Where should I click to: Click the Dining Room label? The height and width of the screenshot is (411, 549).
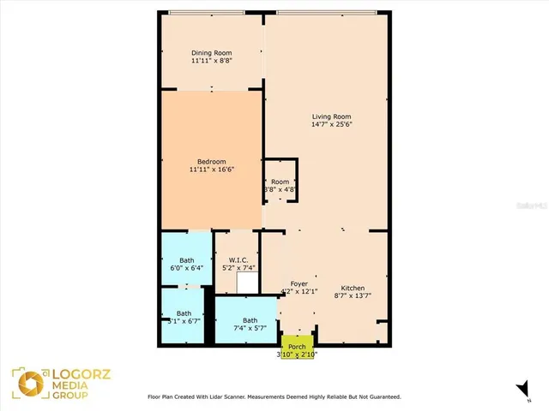211,52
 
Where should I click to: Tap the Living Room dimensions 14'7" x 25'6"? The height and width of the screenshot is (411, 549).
331,125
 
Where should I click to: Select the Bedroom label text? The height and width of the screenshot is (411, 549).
211,161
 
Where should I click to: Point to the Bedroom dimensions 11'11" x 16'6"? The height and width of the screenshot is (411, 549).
211,170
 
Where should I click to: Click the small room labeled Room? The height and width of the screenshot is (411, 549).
281,182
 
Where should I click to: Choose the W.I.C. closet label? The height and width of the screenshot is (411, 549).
238,260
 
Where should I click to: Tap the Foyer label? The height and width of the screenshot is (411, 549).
299,283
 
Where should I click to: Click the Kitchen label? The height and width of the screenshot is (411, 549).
353,288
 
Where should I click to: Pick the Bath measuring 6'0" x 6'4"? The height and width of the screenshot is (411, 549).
186,265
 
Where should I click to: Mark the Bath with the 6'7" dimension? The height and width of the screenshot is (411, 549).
184,318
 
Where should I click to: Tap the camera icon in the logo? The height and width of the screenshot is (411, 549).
23,382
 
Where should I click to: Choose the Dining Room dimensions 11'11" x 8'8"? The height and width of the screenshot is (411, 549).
211,61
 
